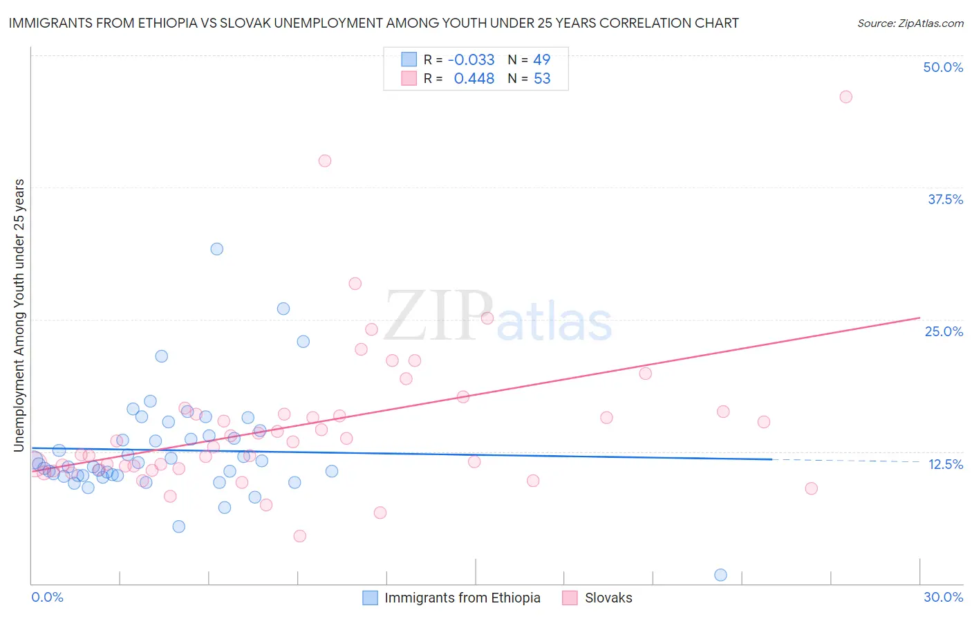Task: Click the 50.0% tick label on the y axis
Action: point(943,67)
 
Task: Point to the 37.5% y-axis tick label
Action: point(945,199)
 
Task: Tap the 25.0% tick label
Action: point(944,331)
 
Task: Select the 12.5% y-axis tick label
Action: point(945,464)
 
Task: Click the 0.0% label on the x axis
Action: point(47,597)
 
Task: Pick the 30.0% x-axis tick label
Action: point(943,597)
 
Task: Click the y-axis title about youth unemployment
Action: point(19,315)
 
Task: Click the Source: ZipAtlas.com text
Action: point(910,23)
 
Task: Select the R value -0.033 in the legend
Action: point(471,59)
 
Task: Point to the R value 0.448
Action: point(474,79)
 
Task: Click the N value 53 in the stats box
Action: point(542,79)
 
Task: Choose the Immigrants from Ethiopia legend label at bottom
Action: point(462,598)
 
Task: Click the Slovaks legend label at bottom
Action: point(608,598)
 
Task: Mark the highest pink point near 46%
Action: point(845,97)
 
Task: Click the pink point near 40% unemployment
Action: point(325,160)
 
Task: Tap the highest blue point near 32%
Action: point(216,249)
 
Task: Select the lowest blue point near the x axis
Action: point(720,575)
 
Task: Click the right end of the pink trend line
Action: point(919,317)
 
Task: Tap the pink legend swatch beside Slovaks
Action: point(570,598)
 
